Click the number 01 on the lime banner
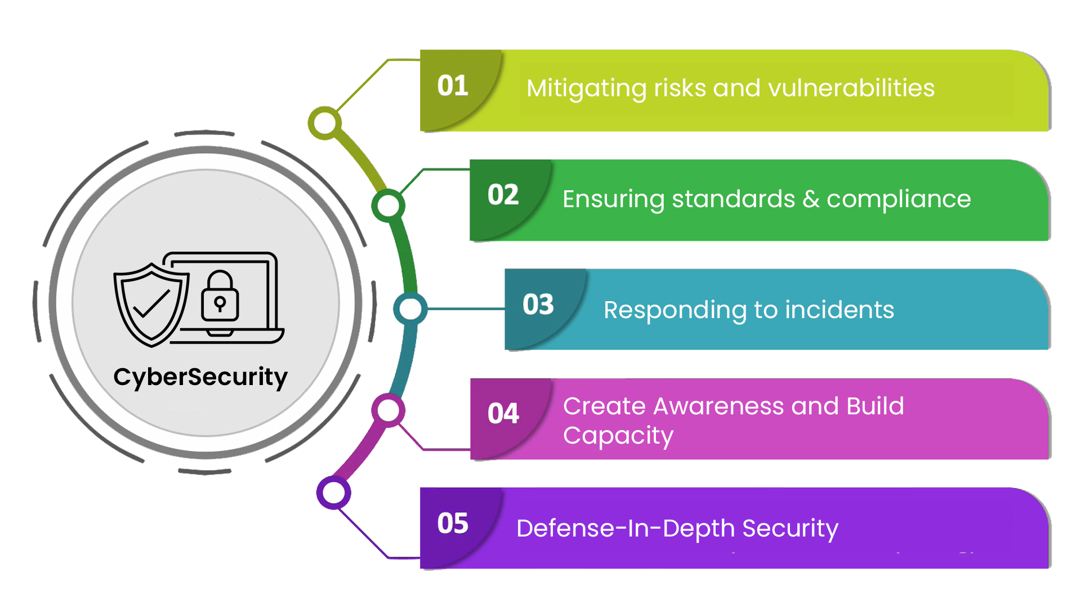point(453,86)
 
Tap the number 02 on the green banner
point(503,195)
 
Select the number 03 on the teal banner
point(538,305)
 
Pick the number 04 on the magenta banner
point(503,414)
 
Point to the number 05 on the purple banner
point(453,524)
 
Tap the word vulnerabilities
point(851,88)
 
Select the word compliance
point(899,199)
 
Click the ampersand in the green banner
point(811,199)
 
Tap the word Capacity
point(618,436)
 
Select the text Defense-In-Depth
point(625,529)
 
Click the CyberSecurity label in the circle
point(200,377)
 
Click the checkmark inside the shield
point(151,304)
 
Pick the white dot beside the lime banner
point(325,123)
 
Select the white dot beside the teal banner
point(410,309)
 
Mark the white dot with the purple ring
point(334,493)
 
